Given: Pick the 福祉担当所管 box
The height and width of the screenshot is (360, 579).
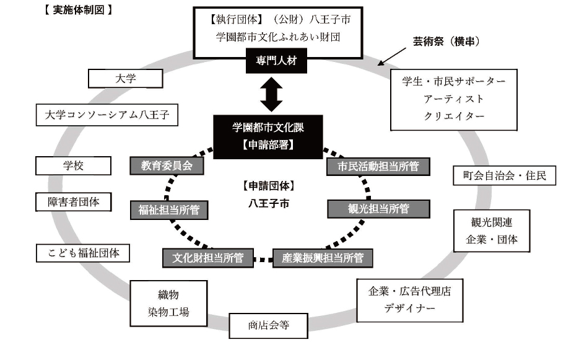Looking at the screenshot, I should click(168, 210).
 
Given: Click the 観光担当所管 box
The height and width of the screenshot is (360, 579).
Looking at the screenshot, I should click(378, 209).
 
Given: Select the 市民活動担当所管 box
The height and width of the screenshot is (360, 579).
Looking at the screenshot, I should click(378, 167).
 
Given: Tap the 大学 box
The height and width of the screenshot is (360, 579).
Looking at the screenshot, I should click(126, 79).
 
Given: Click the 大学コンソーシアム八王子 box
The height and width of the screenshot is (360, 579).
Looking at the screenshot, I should click(107, 114).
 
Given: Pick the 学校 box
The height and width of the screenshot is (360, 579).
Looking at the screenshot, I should click(73, 166).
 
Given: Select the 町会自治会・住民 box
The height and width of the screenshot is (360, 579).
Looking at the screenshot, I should click(504, 176).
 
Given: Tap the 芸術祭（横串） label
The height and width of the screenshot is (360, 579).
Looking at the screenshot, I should click(447, 42).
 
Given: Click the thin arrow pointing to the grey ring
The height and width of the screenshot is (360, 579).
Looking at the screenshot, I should click(392, 56).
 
